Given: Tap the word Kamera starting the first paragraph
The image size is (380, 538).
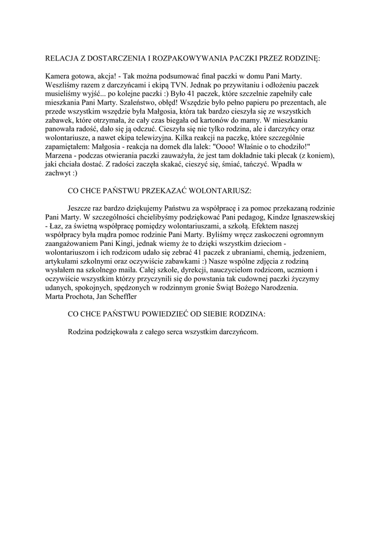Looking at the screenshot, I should coord(58,76).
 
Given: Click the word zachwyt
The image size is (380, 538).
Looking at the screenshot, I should coord(59,172).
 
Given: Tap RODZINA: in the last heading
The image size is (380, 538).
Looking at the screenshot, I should coord(247,314).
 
